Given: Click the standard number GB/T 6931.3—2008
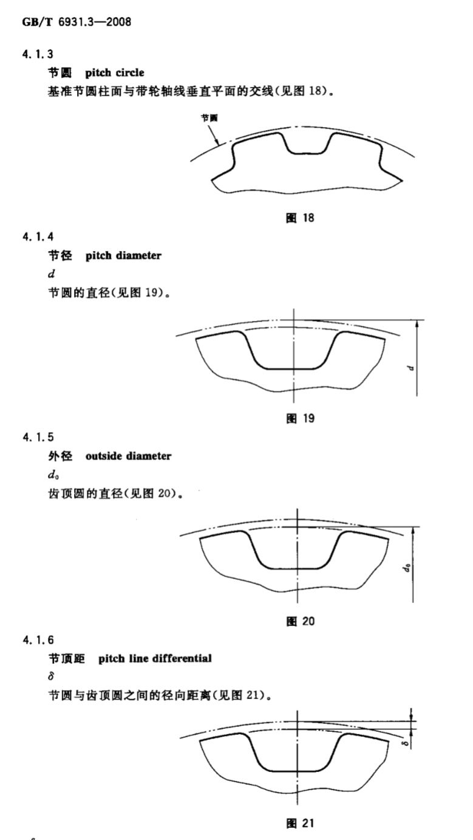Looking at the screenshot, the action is [77, 22].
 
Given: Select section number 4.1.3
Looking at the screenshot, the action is [38, 54].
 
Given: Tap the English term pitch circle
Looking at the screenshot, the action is [115, 73].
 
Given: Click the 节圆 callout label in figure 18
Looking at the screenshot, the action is [209, 118].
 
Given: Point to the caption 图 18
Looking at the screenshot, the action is [300, 218].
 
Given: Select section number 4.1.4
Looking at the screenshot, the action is [38, 236].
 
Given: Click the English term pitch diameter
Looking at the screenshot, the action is [123, 255].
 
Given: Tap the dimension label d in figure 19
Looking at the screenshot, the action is [411, 368].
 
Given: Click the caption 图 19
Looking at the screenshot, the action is [300, 418].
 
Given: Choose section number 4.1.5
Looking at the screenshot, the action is [38, 437].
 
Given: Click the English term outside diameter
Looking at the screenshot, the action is [128, 456].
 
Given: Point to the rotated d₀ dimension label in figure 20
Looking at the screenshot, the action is [407, 568].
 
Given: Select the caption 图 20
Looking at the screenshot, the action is [300, 621].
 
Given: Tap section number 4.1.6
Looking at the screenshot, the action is [38, 640].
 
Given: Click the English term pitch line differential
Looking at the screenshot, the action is [155, 658].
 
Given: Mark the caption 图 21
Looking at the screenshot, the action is [300, 823].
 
